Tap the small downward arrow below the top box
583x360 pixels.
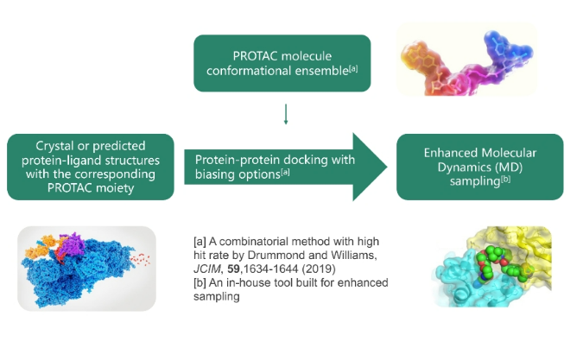285,115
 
